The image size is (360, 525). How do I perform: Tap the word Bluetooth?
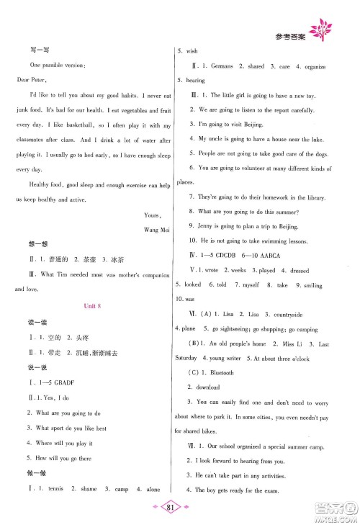223,373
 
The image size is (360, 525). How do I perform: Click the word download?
212,387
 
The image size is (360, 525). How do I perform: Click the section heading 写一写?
24,49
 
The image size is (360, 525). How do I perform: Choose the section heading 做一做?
24,473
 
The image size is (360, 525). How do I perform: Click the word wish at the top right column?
192,52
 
